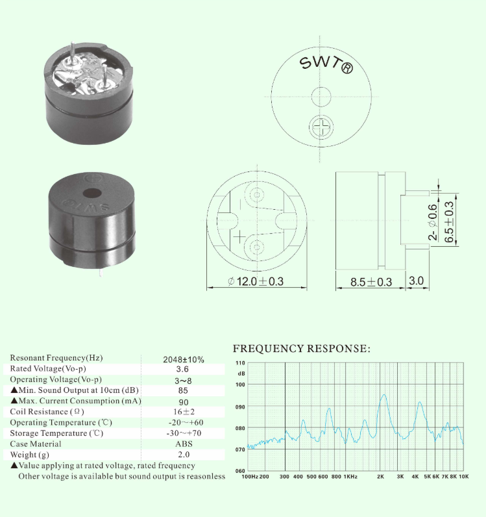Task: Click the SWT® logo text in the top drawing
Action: coord(326,64)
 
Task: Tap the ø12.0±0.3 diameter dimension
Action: coord(256,281)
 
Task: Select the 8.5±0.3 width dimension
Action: coord(371,282)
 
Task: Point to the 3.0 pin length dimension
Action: coord(416,281)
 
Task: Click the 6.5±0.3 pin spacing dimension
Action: coord(449,222)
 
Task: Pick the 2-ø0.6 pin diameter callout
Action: coord(433,222)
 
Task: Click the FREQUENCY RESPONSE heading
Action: coord(302,349)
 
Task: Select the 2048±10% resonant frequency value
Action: coord(184,359)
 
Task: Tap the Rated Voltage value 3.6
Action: coord(182,369)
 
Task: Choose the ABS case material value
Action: coord(184,444)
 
